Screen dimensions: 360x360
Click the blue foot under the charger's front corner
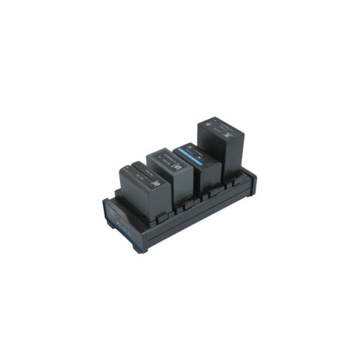pyautogui.click(x=140, y=250)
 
